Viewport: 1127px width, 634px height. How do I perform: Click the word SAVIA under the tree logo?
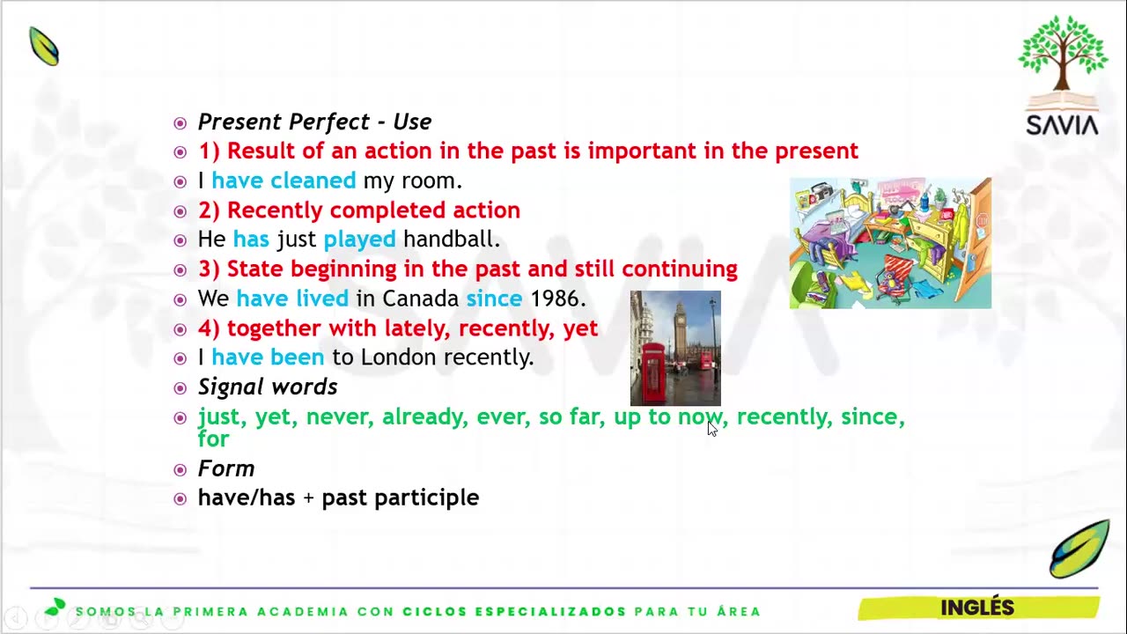click(x=1062, y=125)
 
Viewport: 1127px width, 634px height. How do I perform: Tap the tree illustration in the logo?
click(x=1063, y=55)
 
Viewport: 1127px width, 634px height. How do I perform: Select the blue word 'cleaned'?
click(x=313, y=181)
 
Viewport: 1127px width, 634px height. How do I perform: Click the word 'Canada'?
click(x=420, y=299)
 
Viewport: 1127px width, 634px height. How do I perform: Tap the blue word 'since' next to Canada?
click(x=494, y=299)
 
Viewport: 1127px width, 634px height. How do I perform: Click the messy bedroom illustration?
click(x=890, y=242)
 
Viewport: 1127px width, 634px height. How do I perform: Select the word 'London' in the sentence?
click(x=399, y=358)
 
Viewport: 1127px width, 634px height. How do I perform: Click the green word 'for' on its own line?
click(x=213, y=439)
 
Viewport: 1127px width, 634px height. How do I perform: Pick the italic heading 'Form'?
click(x=226, y=468)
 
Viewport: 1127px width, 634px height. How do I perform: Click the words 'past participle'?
click(x=401, y=498)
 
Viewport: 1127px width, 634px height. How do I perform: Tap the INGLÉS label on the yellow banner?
click(x=977, y=607)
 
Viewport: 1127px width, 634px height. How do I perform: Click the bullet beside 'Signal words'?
click(x=180, y=388)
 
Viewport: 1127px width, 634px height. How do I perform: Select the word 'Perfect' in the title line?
click(x=328, y=122)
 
